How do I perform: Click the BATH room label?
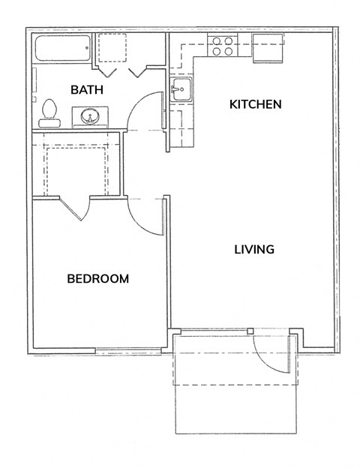(87, 89)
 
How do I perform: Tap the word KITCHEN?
(256, 104)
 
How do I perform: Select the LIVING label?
(254, 249)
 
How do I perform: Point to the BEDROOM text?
(98, 278)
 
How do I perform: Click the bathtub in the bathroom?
(63, 48)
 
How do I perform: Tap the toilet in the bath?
(49, 113)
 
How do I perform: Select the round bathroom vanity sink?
(90, 116)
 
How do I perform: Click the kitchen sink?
(181, 89)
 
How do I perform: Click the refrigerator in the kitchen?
(268, 48)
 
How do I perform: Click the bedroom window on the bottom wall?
(128, 351)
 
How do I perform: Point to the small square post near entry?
(250, 331)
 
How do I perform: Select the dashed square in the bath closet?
(112, 48)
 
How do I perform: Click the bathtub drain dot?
(87, 48)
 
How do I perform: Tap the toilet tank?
(49, 123)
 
